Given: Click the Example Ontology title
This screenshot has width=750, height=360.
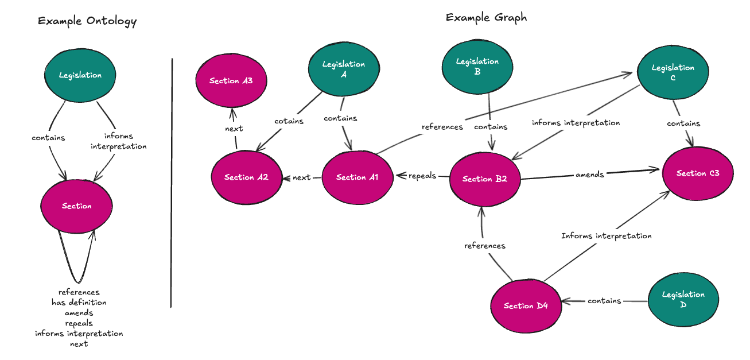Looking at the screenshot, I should click(87, 22).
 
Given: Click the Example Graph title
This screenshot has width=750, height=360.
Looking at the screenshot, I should click(486, 18).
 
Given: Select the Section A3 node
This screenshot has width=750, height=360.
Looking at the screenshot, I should click(231, 81).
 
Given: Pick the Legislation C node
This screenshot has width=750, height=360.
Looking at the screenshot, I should click(673, 72).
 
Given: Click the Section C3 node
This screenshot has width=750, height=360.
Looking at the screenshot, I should click(697, 173).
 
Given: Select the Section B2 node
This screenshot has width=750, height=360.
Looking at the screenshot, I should click(485, 179).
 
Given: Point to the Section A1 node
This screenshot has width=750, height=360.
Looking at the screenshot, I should click(357, 177).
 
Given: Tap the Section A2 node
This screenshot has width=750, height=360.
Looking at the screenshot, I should click(246, 177).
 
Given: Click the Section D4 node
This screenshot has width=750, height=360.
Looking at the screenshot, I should click(526, 305).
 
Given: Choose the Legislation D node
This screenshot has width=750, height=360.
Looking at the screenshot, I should click(683, 299).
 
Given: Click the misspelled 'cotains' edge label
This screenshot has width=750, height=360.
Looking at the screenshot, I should click(289, 121).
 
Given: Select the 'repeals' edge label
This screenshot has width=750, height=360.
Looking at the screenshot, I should click(422, 176).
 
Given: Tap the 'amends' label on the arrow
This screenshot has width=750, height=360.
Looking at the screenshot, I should click(589, 175).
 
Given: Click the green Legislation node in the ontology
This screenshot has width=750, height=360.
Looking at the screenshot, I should click(80, 75).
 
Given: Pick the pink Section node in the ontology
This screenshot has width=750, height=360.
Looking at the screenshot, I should click(76, 206).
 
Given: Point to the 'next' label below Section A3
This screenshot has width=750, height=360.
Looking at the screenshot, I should click(234, 129).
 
